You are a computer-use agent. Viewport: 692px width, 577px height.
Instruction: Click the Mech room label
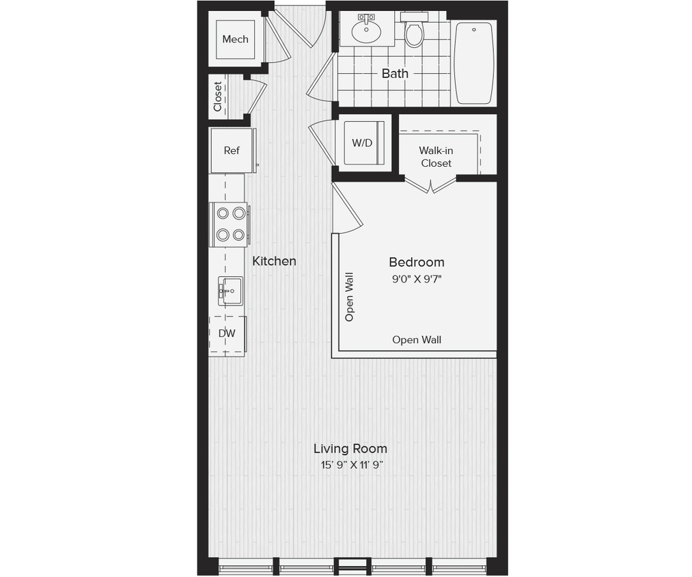(x=235, y=40)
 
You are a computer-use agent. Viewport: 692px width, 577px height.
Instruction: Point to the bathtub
(x=474, y=63)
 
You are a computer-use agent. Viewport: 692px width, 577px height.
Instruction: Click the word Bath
(x=395, y=73)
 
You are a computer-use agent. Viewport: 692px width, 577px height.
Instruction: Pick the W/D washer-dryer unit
(x=362, y=144)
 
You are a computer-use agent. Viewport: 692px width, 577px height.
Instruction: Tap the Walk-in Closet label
(x=436, y=157)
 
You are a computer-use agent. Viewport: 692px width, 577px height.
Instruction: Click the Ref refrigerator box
(x=232, y=150)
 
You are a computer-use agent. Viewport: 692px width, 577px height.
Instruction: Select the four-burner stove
(x=230, y=224)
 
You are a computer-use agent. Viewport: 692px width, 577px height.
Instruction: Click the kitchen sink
(x=230, y=291)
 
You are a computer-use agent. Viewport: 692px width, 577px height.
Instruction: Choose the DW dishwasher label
(x=227, y=334)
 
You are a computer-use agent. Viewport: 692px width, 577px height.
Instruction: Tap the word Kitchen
(x=274, y=261)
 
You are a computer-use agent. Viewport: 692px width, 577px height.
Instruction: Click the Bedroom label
(x=416, y=262)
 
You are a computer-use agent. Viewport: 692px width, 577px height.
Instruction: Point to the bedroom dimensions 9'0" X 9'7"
(x=416, y=278)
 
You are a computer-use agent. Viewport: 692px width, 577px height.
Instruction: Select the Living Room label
(x=350, y=449)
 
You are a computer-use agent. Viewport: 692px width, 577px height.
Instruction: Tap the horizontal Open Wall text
(x=416, y=340)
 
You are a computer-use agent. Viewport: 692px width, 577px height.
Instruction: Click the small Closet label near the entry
(x=218, y=97)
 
